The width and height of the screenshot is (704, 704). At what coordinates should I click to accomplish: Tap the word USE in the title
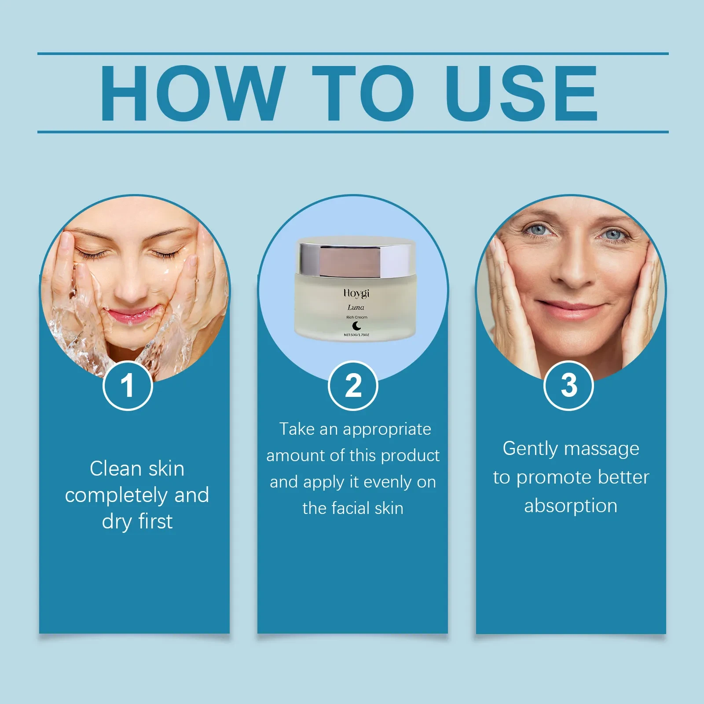coord(521,93)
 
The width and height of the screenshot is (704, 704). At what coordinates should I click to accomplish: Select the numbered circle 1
coord(128,385)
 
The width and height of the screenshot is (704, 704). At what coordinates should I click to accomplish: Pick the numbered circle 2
coord(353,385)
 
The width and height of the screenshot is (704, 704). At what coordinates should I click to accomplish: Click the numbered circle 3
coord(568,385)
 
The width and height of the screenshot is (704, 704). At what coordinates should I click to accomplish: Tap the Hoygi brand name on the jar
coord(356,293)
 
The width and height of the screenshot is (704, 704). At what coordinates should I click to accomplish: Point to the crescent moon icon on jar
coord(357,326)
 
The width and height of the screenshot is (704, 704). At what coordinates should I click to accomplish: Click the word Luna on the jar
coord(356,307)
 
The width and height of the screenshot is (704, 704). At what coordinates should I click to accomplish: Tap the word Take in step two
coord(297,429)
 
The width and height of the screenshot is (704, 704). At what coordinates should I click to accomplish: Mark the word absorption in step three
coord(571,506)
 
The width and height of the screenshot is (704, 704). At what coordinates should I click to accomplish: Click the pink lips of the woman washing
coord(132,315)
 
